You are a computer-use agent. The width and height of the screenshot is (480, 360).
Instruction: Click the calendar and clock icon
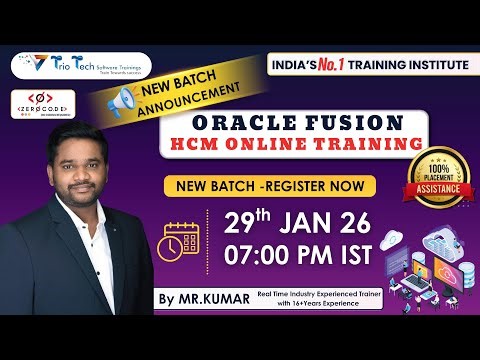tap(180, 241)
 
